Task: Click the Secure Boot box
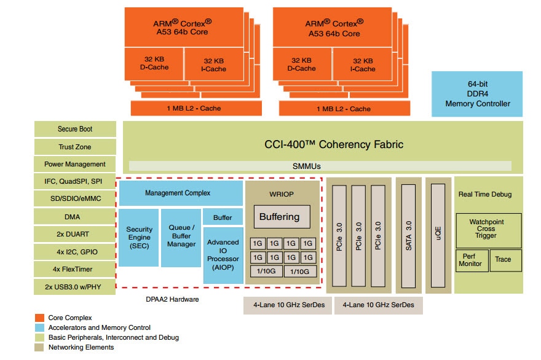[76, 129]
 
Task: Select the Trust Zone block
[76, 147]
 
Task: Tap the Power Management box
[76, 164]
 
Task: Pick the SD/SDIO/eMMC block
[76, 199]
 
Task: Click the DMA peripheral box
[76, 217]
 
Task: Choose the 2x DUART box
[76, 234]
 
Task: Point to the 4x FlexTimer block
[76, 269]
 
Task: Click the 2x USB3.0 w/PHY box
[76, 287]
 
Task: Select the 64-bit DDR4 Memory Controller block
[477, 94]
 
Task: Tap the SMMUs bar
[320, 166]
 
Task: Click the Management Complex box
[178, 193]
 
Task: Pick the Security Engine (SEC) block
[139, 238]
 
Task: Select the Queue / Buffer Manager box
[180, 238]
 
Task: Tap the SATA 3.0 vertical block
[409, 235]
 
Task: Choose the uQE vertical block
[438, 235]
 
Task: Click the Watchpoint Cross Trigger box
[488, 229]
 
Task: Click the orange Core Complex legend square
[39, 318]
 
